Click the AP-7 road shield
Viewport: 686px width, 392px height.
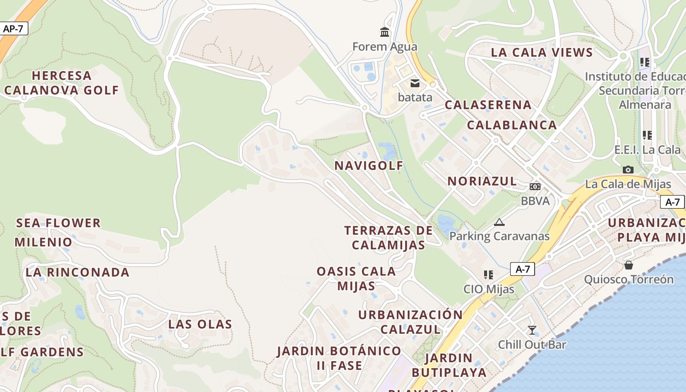[x=13, y=28]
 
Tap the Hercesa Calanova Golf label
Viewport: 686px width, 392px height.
[x=62, y=83]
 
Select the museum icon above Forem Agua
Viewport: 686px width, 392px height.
[x=385, y=32]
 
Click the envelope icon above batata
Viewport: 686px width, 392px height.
[x=415, y=83]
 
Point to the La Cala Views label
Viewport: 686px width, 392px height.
[x=542, y=52]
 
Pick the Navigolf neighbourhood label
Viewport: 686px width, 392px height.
[x=369, y=166]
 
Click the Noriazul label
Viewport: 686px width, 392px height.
[x=482, y=181]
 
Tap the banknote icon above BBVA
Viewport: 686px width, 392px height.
[x=535, y=187]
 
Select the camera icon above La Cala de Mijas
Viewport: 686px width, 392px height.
[x=628, y=170]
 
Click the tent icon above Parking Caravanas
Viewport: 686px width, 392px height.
[x=499, y=222]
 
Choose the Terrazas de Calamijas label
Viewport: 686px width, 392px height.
[x=389, y=237]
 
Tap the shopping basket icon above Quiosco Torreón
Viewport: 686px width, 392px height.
[x=629, y=265]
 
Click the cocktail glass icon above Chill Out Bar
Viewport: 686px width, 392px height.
[x=532, y=330]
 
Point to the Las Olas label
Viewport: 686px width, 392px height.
[x=200, y=324]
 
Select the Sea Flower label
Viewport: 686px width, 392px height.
[x=58, y=223]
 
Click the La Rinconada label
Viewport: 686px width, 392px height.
[x=77, y=272]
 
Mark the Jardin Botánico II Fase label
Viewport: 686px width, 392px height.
[x=339, y=358]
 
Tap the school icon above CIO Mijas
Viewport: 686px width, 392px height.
[x=488, y=275]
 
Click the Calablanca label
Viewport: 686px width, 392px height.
[x=512, y=125]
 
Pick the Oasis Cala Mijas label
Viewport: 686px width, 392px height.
[x=356, y=278]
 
